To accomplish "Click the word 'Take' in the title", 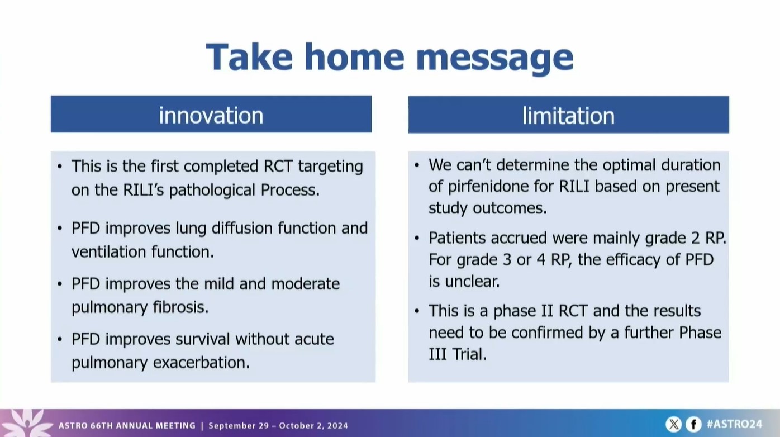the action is click(x=249, y=56).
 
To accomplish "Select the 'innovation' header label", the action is click(x=211, y=115).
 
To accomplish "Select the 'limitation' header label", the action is click(x=568, y=116).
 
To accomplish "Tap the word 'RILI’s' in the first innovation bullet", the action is click(x=144, y=190).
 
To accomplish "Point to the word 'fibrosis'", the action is click(x=180, y=307).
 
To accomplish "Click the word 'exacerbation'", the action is click(x=202, y=363).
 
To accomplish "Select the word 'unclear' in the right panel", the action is click(x=472, y=281).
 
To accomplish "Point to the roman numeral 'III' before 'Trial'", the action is click(x=437, y=354).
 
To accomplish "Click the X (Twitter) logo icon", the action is click(x=673, y=424).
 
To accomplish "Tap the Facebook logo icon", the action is click(x=693, y=424).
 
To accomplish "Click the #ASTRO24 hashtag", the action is click(x=734, y=424).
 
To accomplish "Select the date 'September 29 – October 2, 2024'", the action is click(x=278, y=425).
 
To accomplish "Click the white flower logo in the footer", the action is click(x=26, y=422).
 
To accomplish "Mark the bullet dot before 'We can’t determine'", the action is click(x=417, y=165).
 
